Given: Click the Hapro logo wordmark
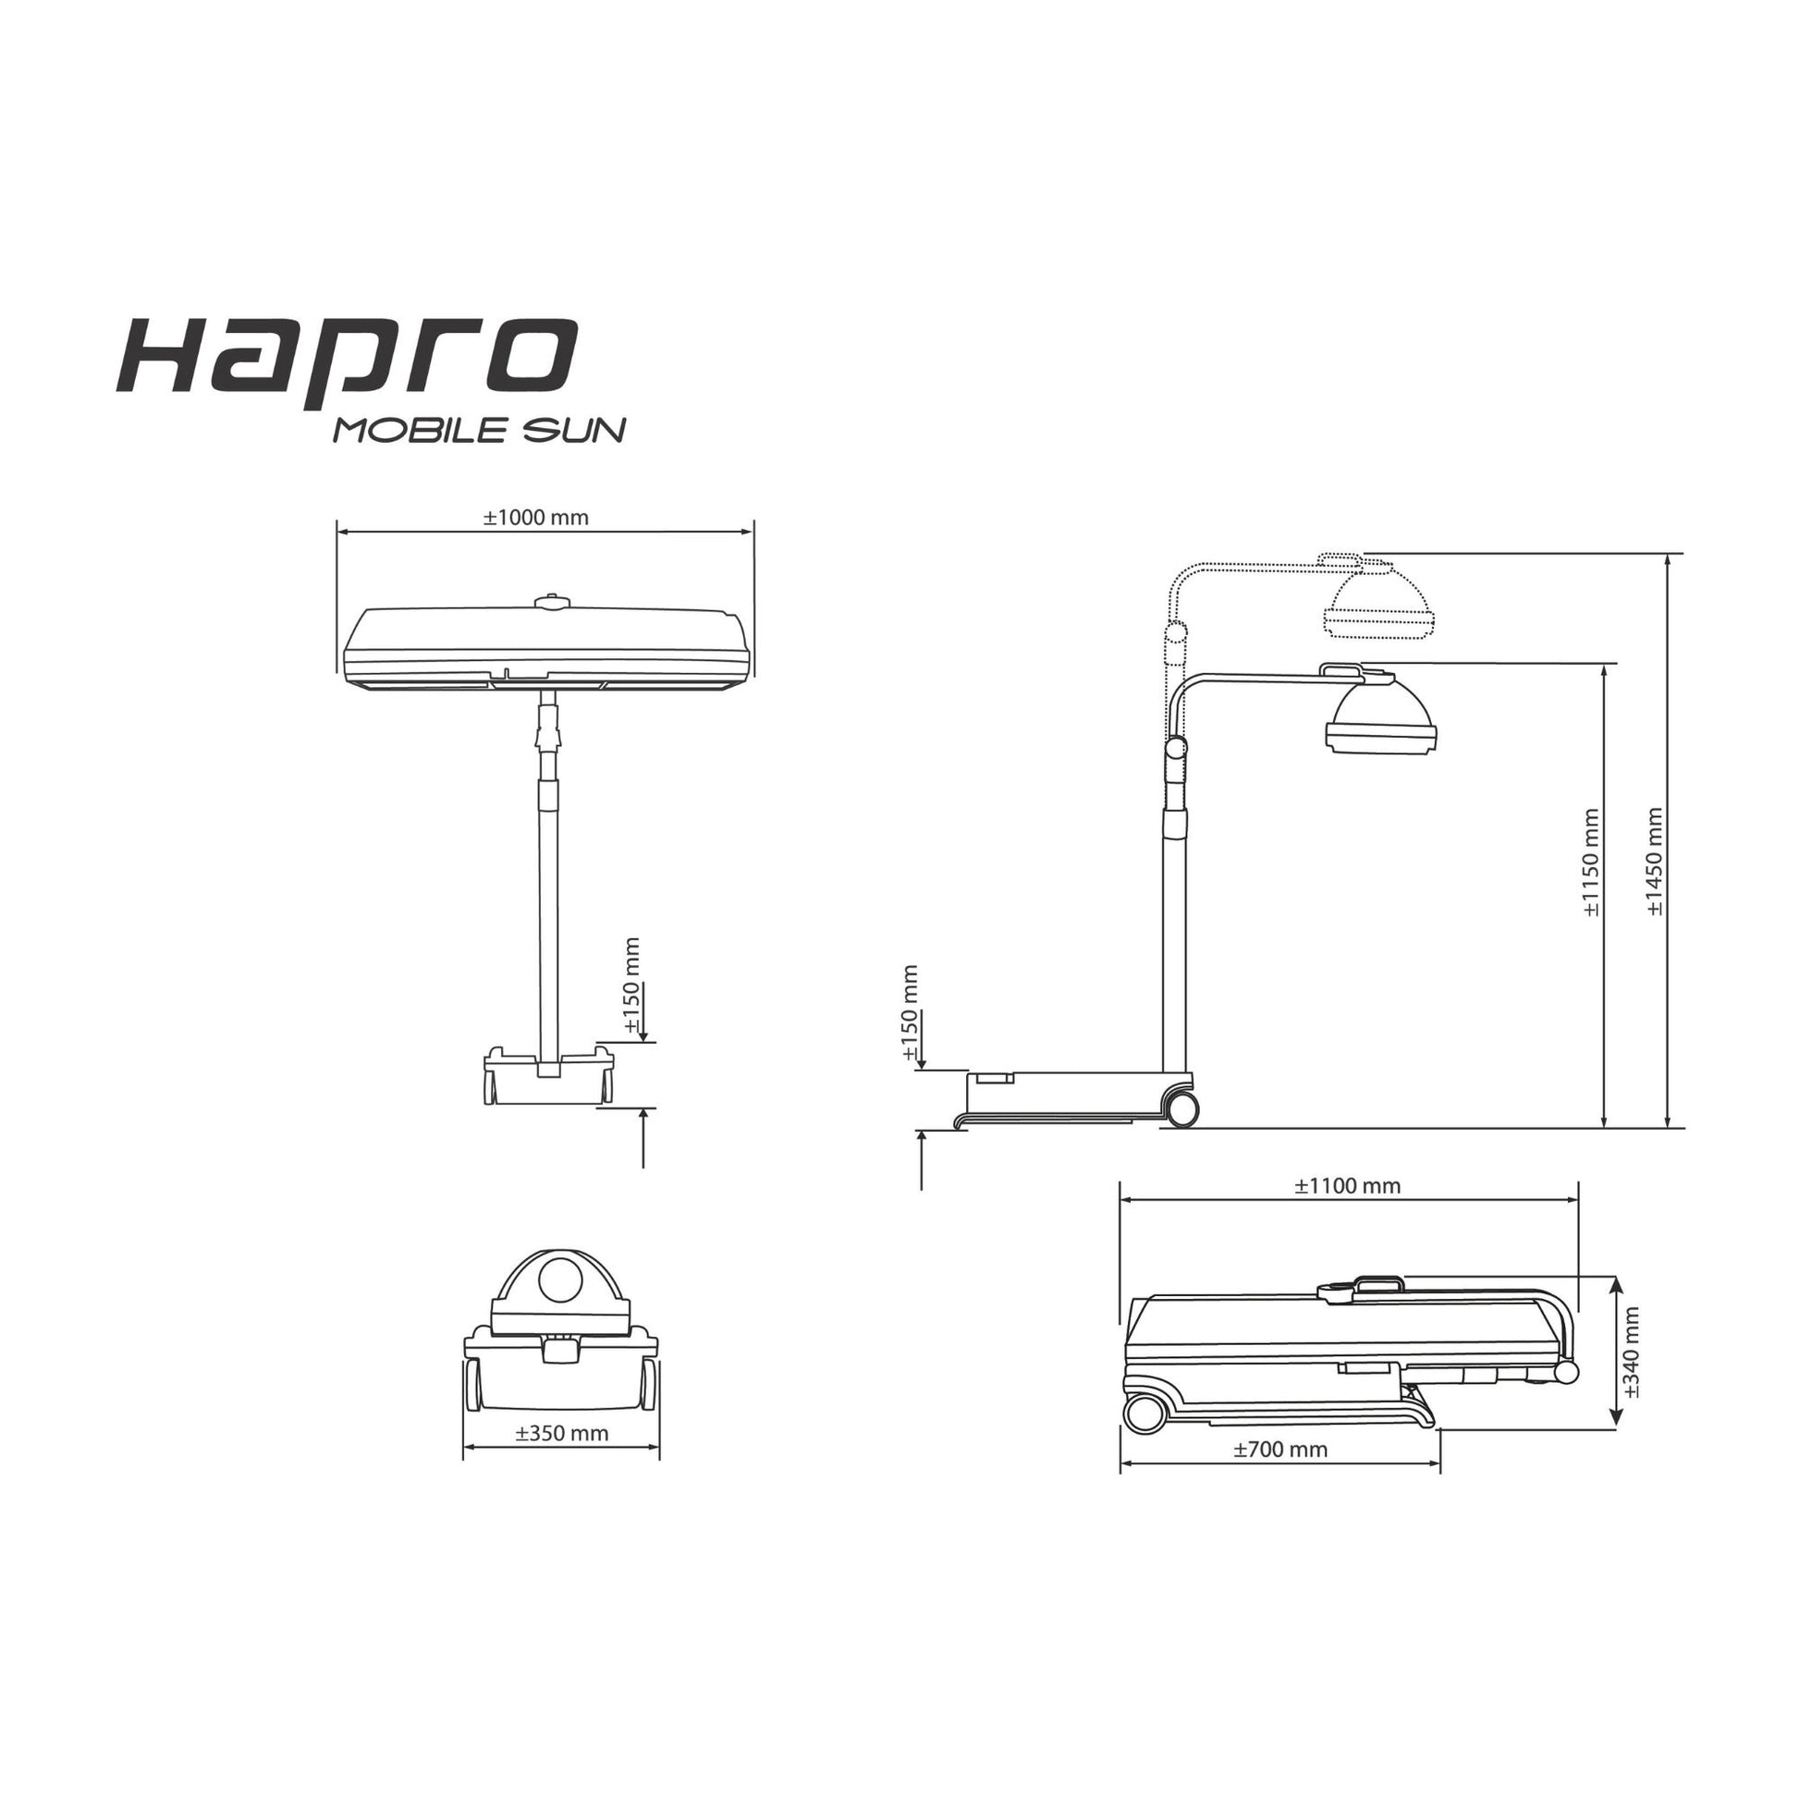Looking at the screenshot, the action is coord(347,360).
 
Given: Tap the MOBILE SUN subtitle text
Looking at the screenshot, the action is coord(480,430).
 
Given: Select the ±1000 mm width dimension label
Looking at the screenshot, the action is coord(535,518).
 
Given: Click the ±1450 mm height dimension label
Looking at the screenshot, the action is coord(1655,862).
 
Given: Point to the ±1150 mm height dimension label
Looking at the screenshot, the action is coord(1591,862).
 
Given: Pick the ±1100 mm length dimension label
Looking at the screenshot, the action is coord(1347,1185).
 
